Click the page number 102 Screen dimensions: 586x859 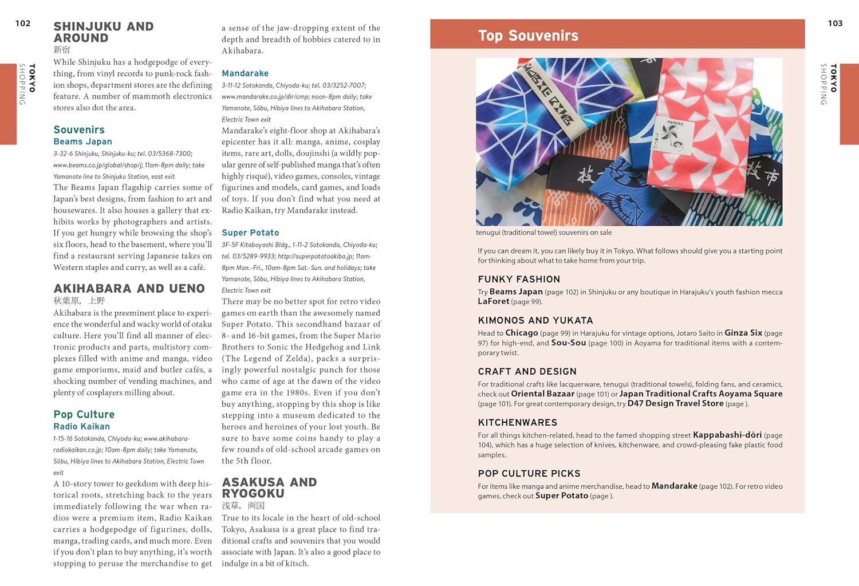tap(23, 23)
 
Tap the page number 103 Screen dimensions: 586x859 tap(835, 23)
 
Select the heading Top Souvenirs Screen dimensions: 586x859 tap(528, 36)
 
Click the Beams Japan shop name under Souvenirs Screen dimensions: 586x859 tap(82, 141)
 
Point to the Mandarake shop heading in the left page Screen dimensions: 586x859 tap(245, 73)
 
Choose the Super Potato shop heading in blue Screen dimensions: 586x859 tap(250, 233)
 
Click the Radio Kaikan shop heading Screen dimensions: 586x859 tap(81, 426)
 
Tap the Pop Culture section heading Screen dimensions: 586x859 tap(84, 414)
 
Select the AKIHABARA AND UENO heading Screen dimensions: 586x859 tap(129, 288)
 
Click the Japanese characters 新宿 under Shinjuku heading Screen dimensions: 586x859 tap(62, 50)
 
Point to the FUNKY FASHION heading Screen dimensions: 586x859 tap(519, 279)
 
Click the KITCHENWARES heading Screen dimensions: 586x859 tap(517, 422)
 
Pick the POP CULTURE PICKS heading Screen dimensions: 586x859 tap(529, 473)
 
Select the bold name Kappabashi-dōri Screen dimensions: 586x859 tap(727, 435)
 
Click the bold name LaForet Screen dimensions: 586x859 tap(493, 301)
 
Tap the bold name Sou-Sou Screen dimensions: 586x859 tap(568, 343)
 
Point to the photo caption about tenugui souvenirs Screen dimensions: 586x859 tap(543, 233)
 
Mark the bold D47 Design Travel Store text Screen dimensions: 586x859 tap(675, 403)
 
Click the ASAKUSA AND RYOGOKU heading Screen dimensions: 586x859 tap(269, 487)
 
